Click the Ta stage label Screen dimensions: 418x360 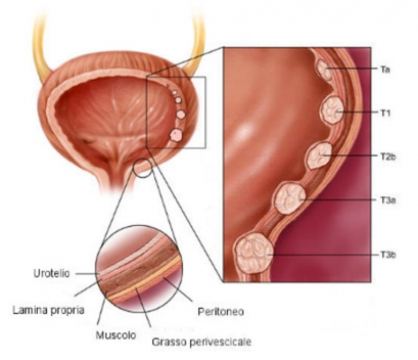[385, 69]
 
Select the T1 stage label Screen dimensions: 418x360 [386, 113]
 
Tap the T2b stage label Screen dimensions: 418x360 [387, 157]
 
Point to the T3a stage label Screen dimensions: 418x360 [387, 200]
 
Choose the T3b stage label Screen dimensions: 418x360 [388, 255]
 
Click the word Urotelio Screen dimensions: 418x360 [51, 274]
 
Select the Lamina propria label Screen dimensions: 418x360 [49, 310]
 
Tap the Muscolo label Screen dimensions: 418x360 [116, 335]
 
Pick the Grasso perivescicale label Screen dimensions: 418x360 [202, 342]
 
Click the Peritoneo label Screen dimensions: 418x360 [221, 311]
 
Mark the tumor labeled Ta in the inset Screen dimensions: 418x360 [325, 70]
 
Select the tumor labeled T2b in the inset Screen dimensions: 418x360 [320, 156]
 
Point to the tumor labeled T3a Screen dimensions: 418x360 [290, 199]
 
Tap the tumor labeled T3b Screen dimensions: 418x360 [255, 253]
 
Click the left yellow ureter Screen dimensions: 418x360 [41, 48]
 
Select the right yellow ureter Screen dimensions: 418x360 [195, 45]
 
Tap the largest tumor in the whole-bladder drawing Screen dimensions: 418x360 [176, 135]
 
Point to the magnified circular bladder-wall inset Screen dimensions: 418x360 [139, 269]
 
